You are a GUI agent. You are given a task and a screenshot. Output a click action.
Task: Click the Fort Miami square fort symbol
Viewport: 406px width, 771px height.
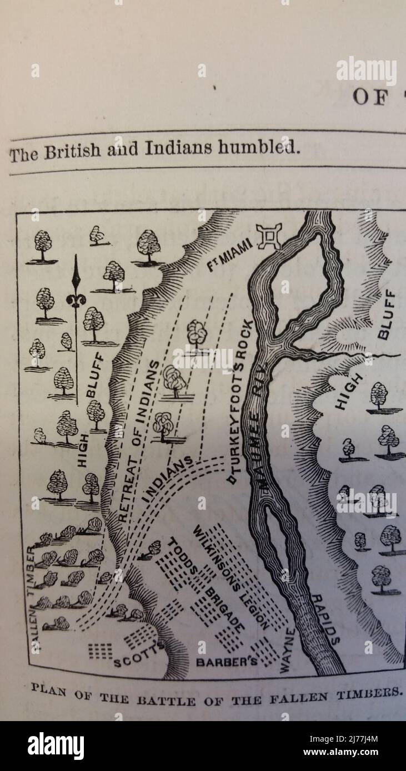(x=269, y=236)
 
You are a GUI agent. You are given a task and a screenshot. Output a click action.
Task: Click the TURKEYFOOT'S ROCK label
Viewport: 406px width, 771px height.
(x=240, y=402)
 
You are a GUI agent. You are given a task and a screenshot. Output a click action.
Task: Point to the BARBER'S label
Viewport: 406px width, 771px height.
(x=227, y=662)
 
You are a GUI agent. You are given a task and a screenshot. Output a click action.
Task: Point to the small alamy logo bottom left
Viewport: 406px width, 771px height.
(x=56, y=746)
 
